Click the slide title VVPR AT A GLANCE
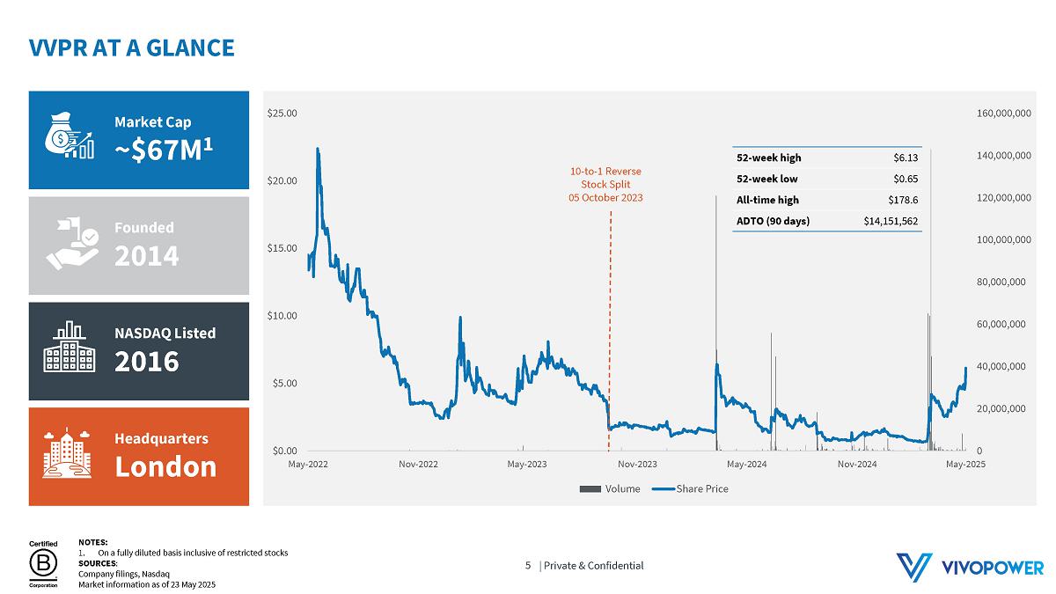click(131, 48)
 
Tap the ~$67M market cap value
click(164, 150)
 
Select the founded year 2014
click(146, 256)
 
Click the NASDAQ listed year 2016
click(146, 361)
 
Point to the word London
click(165, 466)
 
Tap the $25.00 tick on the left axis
click(282, 114)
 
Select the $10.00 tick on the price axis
click(282, 316)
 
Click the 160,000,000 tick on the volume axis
click(1004, 114)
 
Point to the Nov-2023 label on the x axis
click(637, 464)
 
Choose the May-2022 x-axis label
click(308, 464)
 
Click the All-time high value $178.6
click(903, 200)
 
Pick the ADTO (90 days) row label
click(773, 221)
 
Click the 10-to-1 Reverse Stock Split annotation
click(605, 184)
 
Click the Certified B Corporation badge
click(43, 564)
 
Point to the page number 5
click(528, 566)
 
